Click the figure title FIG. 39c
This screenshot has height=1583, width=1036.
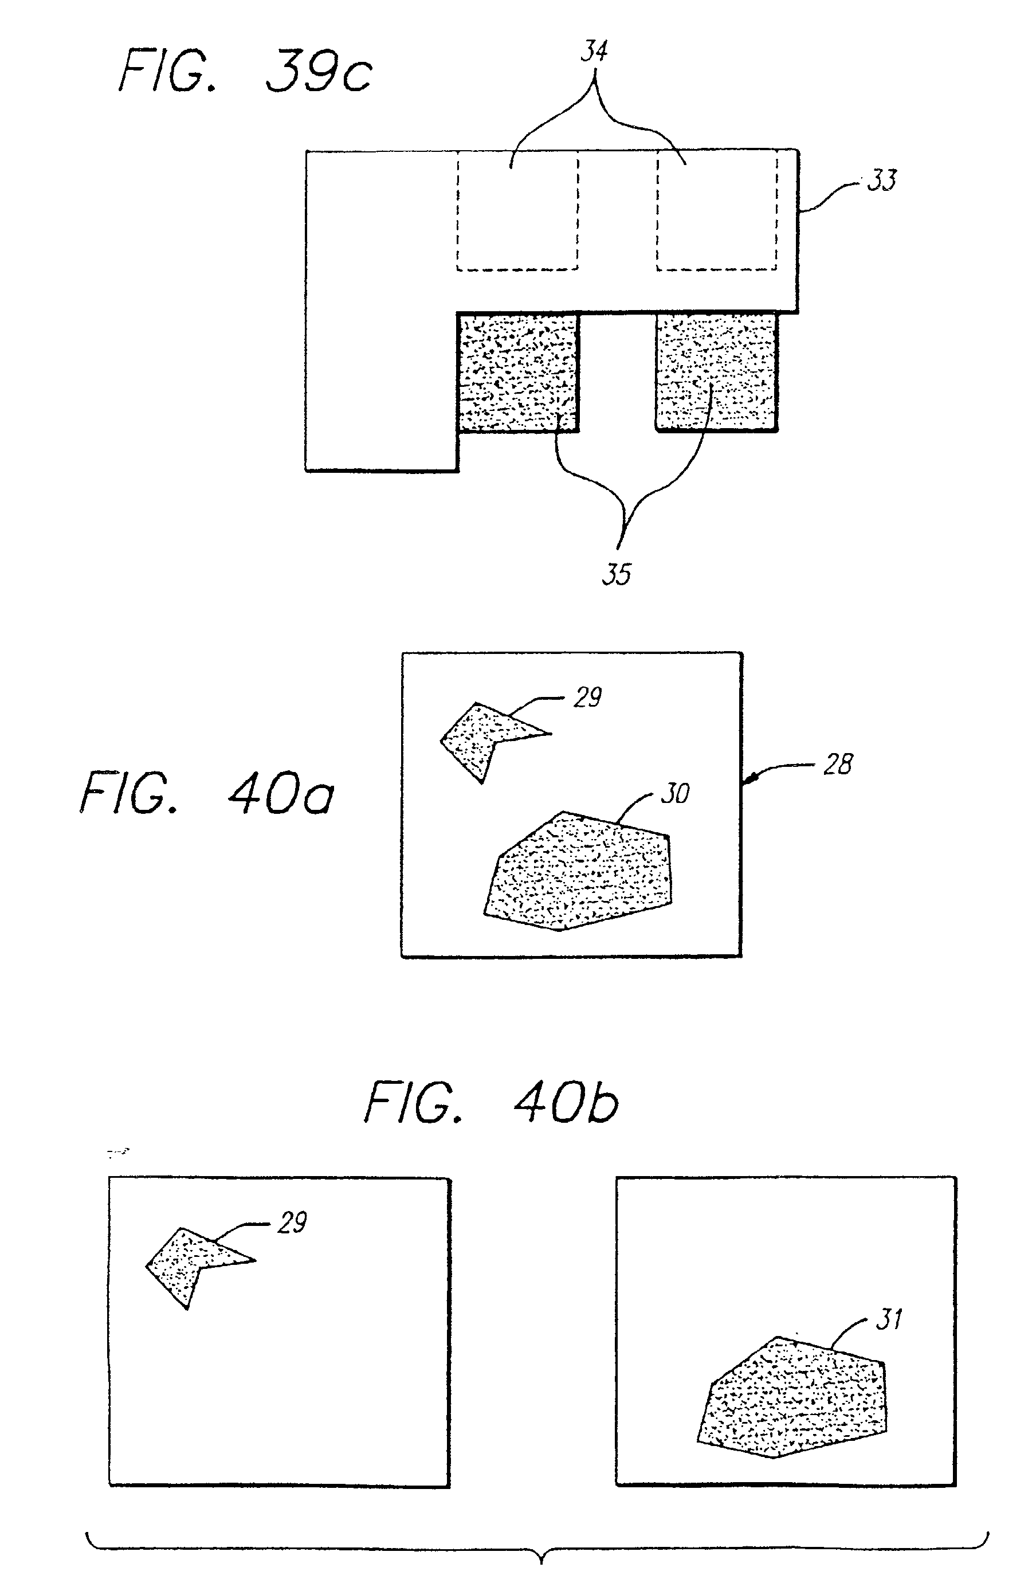click(x=245, y=72)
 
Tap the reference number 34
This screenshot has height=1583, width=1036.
click(x=594, y=51)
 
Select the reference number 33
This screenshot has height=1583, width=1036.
click(x=882, y=180)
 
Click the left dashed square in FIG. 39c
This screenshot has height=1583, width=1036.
click(x=517, y=211)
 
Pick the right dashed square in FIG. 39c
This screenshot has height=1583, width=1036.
click(x=717, y=211)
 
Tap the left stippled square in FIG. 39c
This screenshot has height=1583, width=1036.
click(x=517, y=373)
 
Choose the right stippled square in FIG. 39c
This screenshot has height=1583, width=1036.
click(x=716, y=373)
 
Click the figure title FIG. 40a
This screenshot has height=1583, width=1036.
click(x=207, y=793)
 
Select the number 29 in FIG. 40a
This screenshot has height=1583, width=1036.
click(x=587, y=698)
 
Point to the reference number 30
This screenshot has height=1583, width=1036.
click(x=675, y=793)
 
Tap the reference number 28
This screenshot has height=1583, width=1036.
click(x=837, y=765)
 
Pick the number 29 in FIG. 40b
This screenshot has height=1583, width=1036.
click(x=292, y=1223)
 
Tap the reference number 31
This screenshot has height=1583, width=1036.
click(x=889, y=1319)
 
